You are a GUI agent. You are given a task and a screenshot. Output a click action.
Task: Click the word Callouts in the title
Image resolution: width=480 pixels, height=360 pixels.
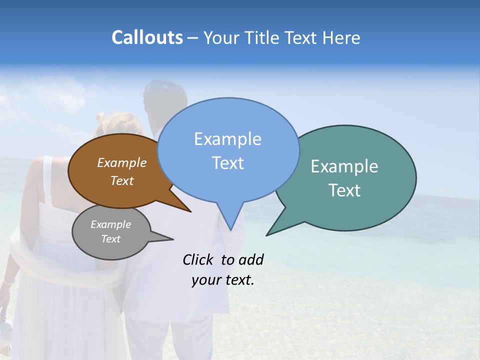click(x=147, y=37)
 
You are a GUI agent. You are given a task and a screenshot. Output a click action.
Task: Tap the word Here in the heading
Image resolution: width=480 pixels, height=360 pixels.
click(x=341, y=37)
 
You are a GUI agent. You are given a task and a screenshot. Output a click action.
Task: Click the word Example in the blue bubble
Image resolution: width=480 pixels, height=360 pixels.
click(x=227, y=139)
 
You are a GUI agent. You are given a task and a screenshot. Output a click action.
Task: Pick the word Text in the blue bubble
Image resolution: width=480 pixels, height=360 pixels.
click(x=227, y=163)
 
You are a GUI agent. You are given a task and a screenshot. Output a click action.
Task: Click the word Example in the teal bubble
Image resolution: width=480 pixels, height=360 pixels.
click(x=344, y=166)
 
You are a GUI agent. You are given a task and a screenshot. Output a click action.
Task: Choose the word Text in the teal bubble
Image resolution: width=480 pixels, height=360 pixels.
click(x=344, y=190)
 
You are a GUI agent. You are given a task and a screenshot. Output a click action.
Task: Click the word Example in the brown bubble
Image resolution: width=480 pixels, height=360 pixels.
click(x=122, y=162)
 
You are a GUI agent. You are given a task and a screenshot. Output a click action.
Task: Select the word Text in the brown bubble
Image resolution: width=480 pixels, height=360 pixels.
click(x=122, y=180)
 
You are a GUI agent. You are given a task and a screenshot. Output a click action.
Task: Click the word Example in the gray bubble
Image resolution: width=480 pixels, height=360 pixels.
click(x=110, y=224)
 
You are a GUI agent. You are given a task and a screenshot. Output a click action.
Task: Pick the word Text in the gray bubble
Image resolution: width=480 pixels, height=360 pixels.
click(x=110, y=239)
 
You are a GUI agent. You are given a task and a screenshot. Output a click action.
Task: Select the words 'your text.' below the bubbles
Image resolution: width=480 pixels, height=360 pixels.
click(x=222, y=280)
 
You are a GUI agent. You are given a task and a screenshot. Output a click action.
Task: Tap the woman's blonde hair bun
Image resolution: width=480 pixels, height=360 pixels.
click(x=102, y=118)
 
